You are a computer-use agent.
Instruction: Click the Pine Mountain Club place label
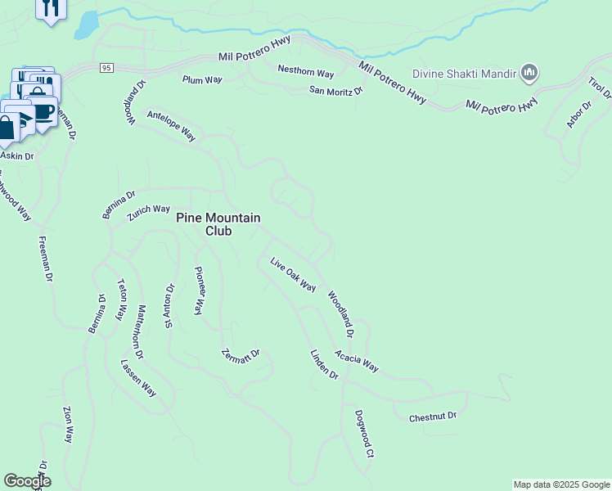(218, 224)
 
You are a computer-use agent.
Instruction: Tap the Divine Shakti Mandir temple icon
(529, 74)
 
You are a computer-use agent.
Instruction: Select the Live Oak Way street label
(293, 274)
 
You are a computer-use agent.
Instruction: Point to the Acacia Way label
(356, 361)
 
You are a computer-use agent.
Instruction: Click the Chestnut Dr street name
(432, 417)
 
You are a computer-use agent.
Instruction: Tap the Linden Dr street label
(324, 364)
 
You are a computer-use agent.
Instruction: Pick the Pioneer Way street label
(198, 291)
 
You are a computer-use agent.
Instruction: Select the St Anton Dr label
(169, 306)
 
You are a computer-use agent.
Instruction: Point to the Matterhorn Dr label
(140, 332)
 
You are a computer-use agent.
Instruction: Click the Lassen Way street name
(137, 377)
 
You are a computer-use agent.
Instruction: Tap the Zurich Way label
(149, 214)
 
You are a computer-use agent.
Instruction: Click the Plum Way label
(202, 79)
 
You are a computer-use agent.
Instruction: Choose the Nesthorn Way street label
(305, 73)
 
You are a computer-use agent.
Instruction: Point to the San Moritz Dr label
(335, 91)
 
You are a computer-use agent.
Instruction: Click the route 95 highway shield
(106, 67)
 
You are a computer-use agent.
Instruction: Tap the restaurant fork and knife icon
(51, 9)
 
